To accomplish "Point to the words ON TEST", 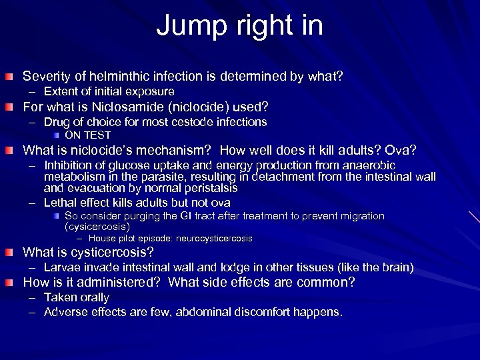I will click(x=87, y=135).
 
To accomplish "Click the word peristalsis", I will click(x=206, y=188).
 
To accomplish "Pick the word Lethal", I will click(x=60, y=203).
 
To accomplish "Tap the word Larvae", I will click(x=62, y=267).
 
